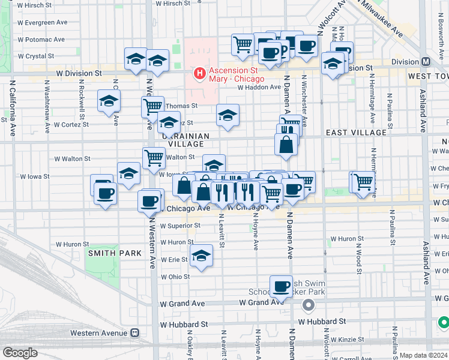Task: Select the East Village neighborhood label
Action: [356, 132]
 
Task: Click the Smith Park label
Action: [115, 253]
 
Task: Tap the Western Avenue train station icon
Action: [136, 332]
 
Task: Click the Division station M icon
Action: [426, 61]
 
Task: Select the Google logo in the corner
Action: [19, 353]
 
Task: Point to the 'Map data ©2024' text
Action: [423, 355]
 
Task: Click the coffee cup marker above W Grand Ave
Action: [280, 287]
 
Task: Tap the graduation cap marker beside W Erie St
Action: [202, 256]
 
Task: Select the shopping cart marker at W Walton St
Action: [154, 158]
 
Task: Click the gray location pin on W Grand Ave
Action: [309, 306]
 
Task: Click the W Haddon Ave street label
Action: [259, 87]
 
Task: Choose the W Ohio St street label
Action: [175, 277]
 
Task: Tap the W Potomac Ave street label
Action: [41, 40]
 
